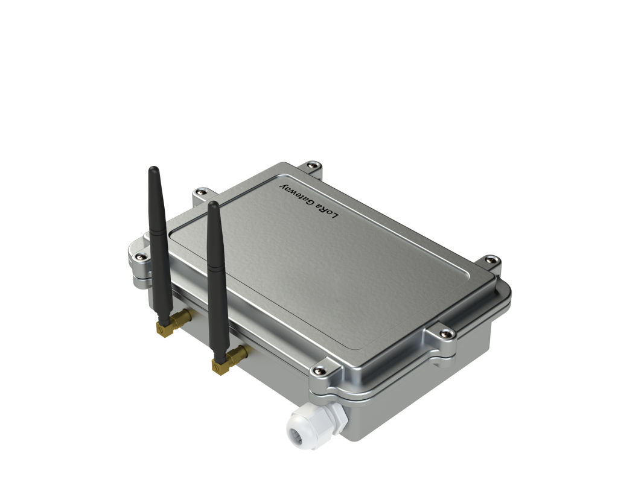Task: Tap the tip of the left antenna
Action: [153, 169]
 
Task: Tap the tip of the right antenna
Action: [212, 204]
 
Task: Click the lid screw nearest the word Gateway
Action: [311, 163]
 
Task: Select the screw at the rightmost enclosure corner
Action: [491, 260]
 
